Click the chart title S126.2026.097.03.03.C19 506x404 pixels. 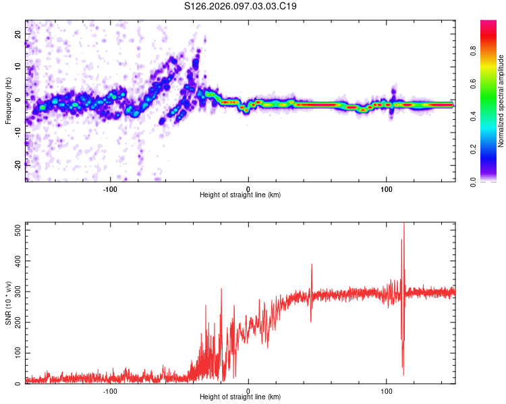point(241,6)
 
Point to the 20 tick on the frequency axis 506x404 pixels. point(18,34)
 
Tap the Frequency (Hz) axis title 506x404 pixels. point(7,101)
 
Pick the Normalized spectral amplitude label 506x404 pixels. point(501,101)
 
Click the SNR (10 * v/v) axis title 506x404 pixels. point(7,303)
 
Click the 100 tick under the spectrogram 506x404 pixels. point(387,189)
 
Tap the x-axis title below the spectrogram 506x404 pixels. point(240,195)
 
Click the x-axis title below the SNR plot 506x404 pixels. point(240,397)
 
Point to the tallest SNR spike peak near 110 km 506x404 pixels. point(403,224)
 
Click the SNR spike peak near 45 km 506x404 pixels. point(311,264)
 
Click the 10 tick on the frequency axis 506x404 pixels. point(18,67)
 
